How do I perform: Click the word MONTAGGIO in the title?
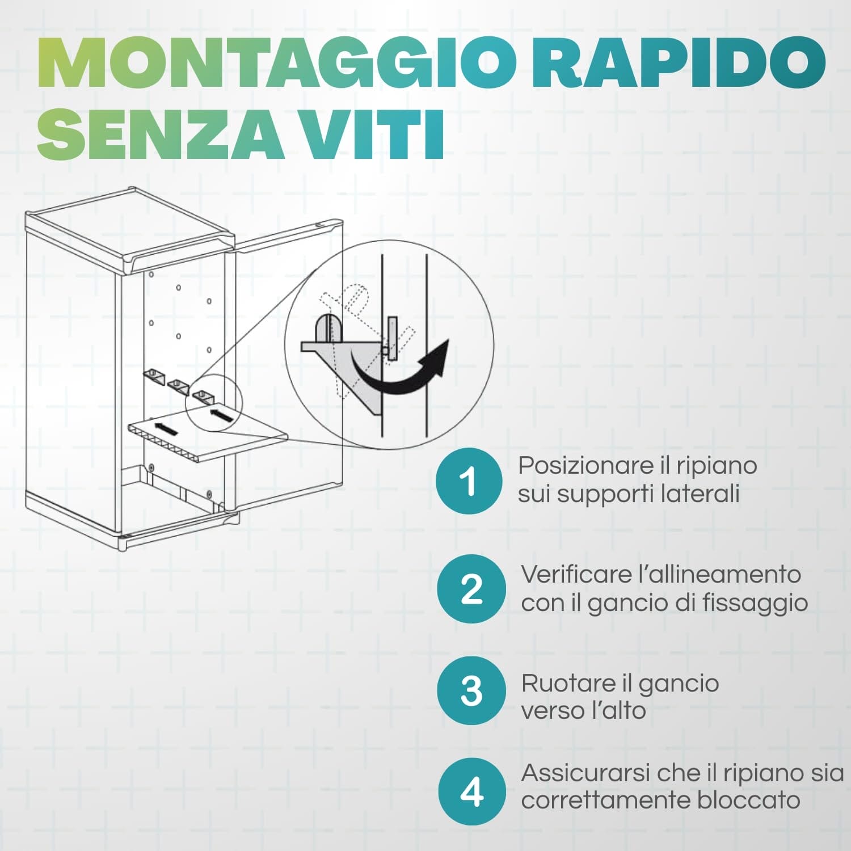pyautogui.click(x=277, y=63)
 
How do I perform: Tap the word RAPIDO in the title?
pyautogui.click(x=678, y=63)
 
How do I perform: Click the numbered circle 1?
pyautogui.click(x=469, y=481)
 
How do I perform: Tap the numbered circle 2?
pyautogui.click(x=471, y=589)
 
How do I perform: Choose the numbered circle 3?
pyautogui.click(x=471, y=690)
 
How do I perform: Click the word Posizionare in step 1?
pyautogui.click(x=585, y=466)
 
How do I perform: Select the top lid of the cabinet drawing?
pyautogui.click(x=130, y=227)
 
